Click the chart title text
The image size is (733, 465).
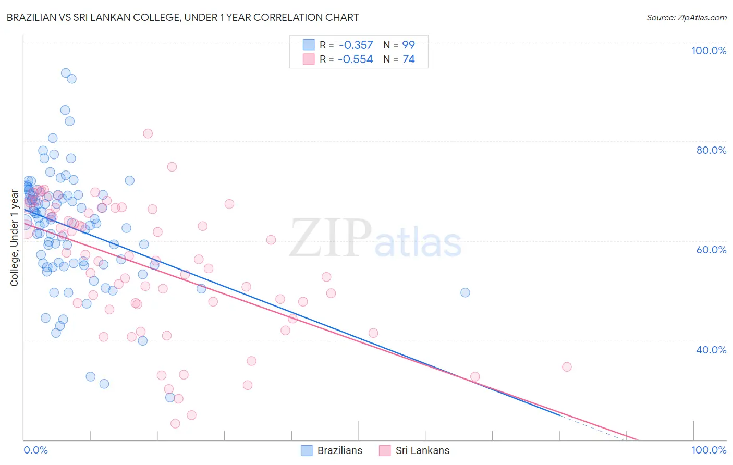[182, 17]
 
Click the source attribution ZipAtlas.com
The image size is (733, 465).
[686, 17]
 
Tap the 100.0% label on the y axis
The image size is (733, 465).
[708, 51]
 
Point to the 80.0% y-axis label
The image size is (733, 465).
[711, 150]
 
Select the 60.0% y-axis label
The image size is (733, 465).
[711, 250]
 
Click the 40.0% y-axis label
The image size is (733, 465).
[711, 350]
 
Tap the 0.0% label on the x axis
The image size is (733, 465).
[35, 450]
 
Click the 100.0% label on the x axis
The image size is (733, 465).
[708, 450]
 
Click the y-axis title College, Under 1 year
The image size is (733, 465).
[15, 238]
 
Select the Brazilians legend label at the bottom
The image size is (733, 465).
[339, 450]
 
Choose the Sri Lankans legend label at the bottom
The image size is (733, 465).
[422, 450]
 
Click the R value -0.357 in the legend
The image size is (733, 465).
[356, 45]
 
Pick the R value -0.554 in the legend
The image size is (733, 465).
[356, 59]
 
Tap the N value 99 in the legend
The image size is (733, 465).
[409, 45]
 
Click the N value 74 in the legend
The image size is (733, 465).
[409, 59]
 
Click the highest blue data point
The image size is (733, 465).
[66, 73]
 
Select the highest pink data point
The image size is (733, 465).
[148, 133]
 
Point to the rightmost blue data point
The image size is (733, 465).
[465, 292]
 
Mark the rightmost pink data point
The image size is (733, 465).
[567, 367]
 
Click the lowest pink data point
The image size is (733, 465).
[175, 424]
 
